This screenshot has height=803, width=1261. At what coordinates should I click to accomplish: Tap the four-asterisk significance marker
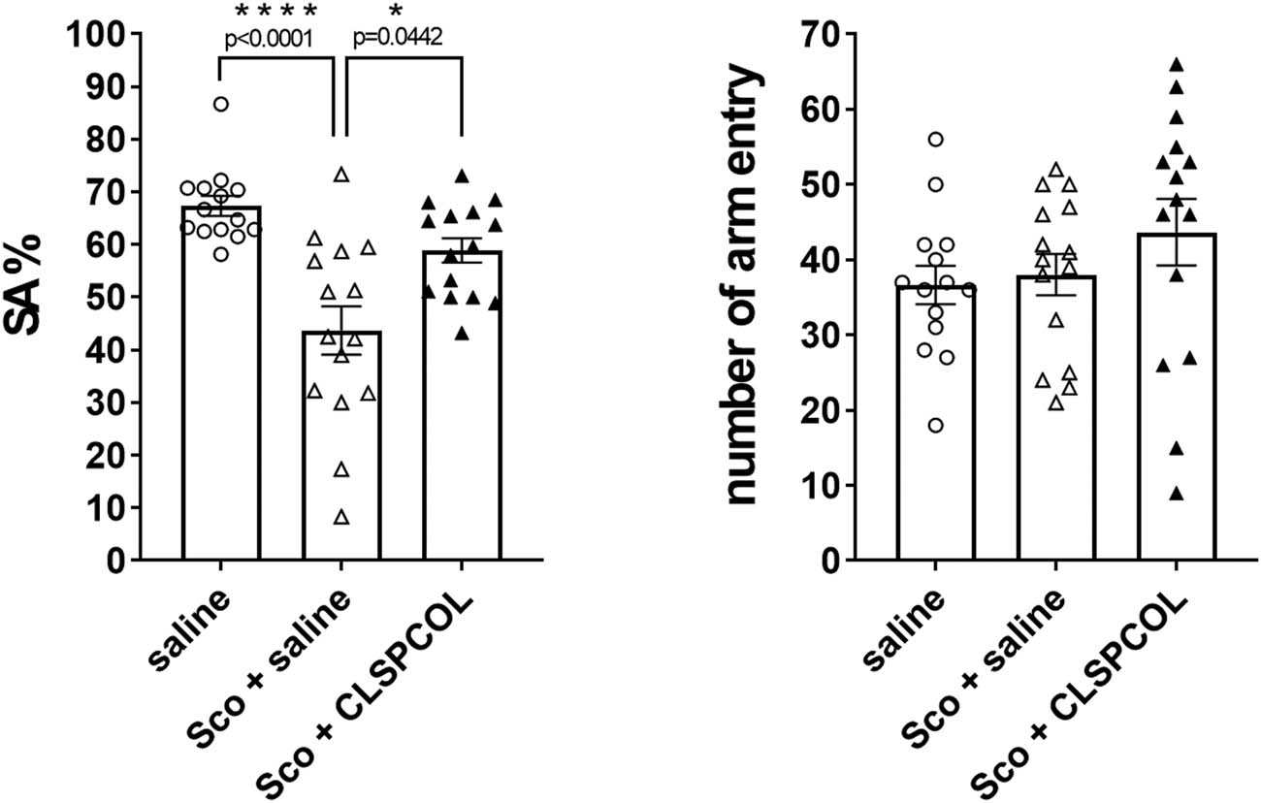(x=276, y=13)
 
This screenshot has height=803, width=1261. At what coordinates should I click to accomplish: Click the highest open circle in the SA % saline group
(x=221, y=104)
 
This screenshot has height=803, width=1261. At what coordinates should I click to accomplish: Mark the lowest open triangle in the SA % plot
(x=340, y=517)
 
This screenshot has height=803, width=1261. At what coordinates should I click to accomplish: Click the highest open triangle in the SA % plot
(x=340, y=175)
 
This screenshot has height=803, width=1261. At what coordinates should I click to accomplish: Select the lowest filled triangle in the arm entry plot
(x=1176, y=494)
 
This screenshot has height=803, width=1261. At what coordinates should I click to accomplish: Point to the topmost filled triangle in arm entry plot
(x=1176, y=64)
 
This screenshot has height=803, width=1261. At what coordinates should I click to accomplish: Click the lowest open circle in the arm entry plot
(x=934, y=425)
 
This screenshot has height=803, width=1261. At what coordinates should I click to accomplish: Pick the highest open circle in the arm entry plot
(x=935, y=139)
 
